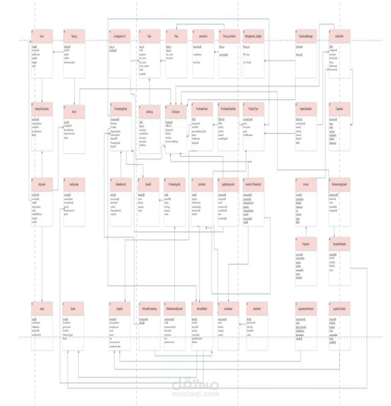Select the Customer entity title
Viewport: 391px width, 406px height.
340,109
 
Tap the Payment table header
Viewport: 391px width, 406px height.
306,244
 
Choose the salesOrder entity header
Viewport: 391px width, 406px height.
340,36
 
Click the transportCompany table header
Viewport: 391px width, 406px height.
42,109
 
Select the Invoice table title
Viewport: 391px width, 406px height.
306,184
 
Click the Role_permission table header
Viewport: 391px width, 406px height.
230,36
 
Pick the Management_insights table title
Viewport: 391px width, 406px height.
253,36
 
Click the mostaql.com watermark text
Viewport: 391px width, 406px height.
195,394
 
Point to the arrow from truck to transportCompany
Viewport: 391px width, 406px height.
42,90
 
